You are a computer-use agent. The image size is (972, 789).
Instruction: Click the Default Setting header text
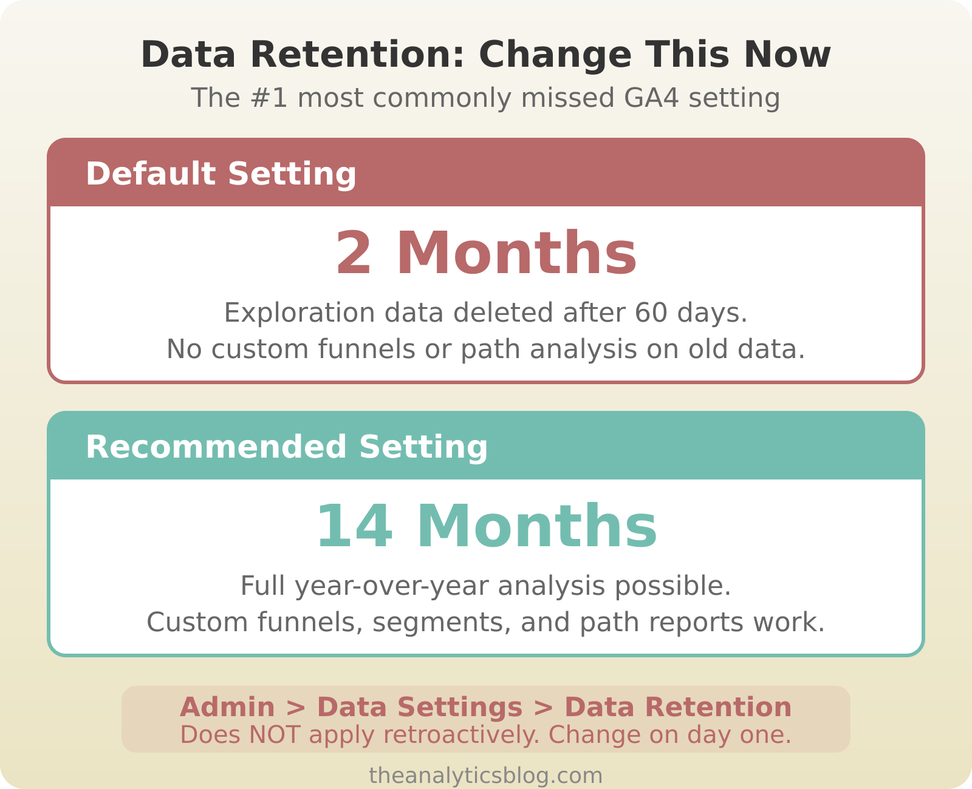coord(221,174)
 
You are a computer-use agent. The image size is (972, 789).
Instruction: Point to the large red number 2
coord(354,254)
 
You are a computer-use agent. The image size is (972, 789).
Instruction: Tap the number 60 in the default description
coord(651,313)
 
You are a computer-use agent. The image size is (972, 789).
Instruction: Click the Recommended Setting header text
coord(287,447)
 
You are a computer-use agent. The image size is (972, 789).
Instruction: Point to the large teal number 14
coord(354,527)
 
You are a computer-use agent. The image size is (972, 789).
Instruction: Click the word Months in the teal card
coord(537,527)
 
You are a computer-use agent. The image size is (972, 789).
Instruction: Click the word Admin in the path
coord(227,708)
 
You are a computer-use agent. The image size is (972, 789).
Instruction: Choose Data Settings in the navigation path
coord(420,708)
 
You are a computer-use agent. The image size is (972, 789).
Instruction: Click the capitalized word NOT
coord(275,735)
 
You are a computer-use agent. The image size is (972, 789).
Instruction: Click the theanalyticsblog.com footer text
coord(486,776)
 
